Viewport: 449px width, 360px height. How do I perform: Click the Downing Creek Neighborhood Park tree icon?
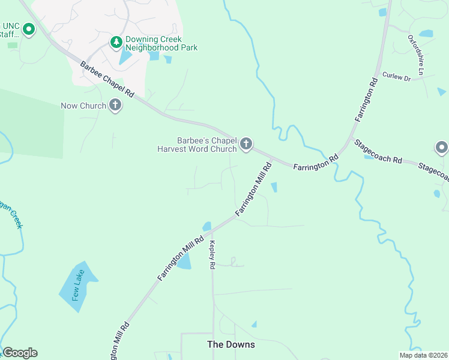(x=116, y=42)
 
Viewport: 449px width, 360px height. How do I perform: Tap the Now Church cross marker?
(x=115, y=106)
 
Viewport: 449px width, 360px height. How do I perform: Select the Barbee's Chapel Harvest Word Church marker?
(x=246, y=144)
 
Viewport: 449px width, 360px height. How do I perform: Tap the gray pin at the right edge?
(x=441, y=148)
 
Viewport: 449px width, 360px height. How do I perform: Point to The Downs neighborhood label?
(x=231, y=344)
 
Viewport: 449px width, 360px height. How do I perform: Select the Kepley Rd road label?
(x=211, y=255)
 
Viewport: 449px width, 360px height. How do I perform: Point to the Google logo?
(x=20, y=353)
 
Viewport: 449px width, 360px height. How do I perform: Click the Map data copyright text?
(x=423, y=355)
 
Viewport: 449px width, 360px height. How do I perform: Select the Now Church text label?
(x=83, y=106)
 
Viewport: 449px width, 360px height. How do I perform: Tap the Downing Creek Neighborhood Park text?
(x=161, y=44)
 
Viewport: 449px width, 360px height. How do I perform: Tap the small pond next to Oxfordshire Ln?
(x=426, y=34)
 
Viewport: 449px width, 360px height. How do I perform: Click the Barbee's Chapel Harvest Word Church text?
(x=197, y=144)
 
